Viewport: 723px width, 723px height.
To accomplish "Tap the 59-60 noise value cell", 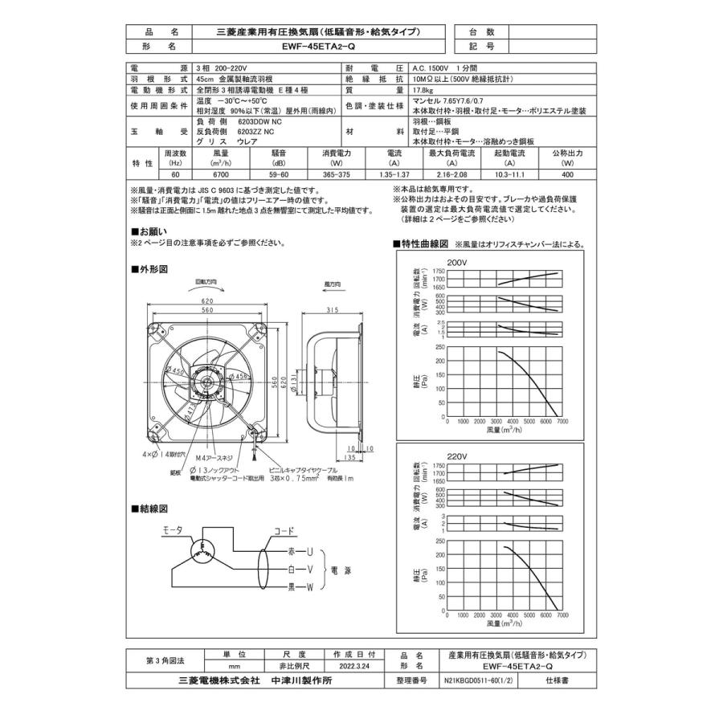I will (280, 174).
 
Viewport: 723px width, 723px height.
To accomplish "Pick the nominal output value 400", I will (567, 174).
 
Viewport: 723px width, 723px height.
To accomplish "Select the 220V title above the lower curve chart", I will (457, 454).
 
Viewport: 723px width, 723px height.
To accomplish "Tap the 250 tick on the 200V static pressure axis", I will (439, 348).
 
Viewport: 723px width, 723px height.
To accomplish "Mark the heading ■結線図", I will (149, 509).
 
